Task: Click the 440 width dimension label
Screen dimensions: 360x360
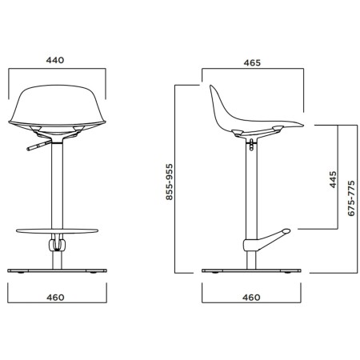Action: tap(55, 59)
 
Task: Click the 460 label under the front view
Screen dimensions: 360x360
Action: tap(55, 298)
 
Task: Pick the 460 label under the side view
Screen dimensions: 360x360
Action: tap(251, 298)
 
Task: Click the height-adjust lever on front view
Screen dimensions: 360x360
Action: tap(37, 146)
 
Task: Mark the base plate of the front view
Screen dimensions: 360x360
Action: tap(55, 270)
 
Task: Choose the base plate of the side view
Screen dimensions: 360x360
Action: tap(251, 270)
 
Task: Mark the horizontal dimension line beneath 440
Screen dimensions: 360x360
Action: tap(55, 70)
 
